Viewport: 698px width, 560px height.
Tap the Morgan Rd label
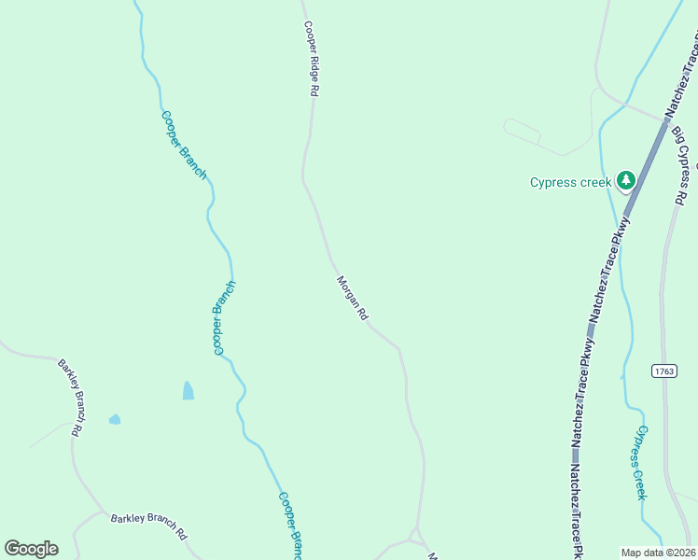point(352,299)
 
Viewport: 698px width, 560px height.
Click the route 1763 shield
point(663,371)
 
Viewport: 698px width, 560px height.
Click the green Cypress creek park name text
point(570,182)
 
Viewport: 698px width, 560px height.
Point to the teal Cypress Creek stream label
point(639,462)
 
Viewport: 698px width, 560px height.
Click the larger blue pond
point(188,390)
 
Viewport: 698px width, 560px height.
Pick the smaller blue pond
point(115,419)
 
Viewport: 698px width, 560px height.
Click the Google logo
point(31,549)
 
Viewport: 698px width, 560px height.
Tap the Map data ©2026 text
point(658,553)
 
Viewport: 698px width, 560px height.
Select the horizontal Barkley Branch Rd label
point(149,525)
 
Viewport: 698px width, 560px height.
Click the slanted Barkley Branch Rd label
point(72,398)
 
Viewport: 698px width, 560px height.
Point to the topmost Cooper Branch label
point(184,145)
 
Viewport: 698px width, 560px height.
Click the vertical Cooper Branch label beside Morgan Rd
point(224,317)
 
